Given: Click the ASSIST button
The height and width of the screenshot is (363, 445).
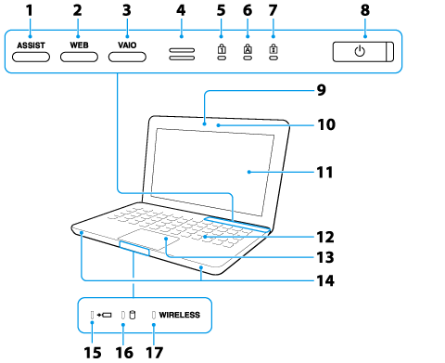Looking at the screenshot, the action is coord(31,58).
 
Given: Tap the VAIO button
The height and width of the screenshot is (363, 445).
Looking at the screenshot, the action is coord(127,58).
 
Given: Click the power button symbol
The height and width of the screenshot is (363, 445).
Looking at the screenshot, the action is coord(360,51).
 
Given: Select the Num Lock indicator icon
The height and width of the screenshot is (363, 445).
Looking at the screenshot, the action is coord(222,49).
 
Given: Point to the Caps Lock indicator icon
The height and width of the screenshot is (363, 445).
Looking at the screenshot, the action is coord(248,49).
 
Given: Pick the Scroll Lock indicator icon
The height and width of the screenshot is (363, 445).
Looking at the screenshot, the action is coord(273,49).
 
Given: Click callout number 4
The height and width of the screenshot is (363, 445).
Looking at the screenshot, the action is coord(181,10).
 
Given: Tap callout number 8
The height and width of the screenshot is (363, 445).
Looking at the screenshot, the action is coord(365,10).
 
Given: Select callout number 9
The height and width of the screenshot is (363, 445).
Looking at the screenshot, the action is coord(322,90).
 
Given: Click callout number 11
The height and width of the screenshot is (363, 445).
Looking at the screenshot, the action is coord(324,173).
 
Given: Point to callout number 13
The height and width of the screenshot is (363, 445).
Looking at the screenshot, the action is coord(325,257).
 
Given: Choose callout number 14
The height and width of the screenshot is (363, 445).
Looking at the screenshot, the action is coord(325,280).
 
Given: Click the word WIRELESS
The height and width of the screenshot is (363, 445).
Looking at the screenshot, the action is coord(179,315).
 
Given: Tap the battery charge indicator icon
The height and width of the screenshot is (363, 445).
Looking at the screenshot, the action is coord(104,315).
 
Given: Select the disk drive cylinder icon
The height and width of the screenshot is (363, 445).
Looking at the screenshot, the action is coord(133,315).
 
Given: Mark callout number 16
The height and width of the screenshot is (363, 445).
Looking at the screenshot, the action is coord(124,353).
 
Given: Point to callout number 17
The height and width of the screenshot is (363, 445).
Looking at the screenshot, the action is coord(154,353).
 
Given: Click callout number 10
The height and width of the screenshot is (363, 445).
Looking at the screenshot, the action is coord(326,124).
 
